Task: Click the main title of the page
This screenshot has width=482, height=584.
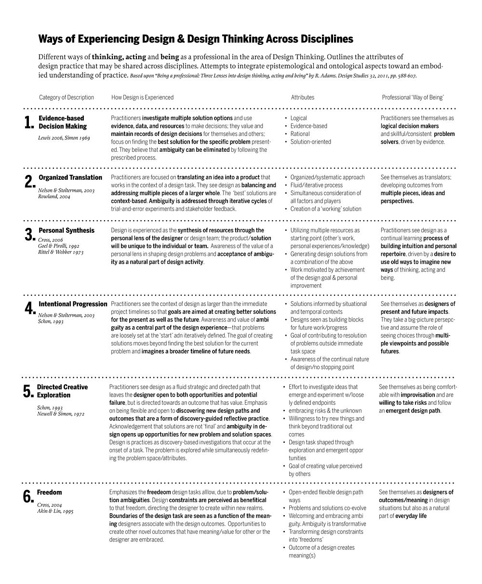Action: click(196, 39)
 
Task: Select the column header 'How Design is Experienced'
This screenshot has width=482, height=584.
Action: click(142, 97)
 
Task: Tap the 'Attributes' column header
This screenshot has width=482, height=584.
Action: click(302, 97)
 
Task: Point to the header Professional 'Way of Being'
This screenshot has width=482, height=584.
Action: click(413, 97)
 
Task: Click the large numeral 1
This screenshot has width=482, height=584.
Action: click(29, 122)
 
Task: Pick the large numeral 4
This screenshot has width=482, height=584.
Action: click(29, 308)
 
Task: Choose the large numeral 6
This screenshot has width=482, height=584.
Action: click(28, 497)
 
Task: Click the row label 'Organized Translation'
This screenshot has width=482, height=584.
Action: click(70, 177)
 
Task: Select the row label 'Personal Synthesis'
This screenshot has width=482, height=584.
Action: click(67, 230)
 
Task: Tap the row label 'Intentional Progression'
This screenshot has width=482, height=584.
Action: click(73, 304)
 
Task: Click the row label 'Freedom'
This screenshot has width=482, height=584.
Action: click(49, 492)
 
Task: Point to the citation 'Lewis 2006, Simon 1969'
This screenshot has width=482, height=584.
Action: click(64, 138)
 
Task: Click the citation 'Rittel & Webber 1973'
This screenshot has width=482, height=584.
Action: click(61, 252)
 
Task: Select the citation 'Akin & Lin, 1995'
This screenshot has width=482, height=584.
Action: click(55, 511)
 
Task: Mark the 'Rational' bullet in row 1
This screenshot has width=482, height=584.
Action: click(300, 134)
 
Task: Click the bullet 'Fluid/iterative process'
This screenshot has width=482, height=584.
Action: click(316, 185)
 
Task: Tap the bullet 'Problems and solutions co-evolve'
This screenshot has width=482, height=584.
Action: click(327, 508)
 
